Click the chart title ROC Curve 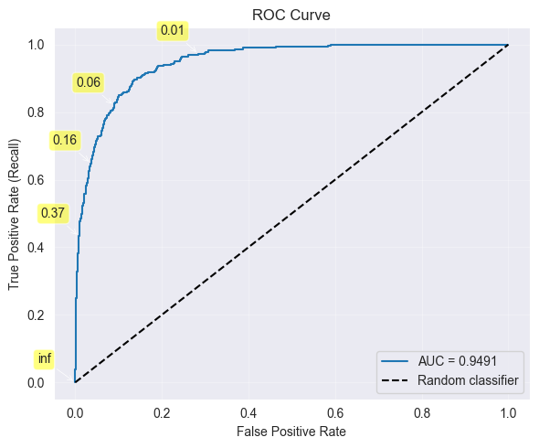coord(291,15)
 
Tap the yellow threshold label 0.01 coord(173,31)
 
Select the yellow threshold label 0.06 coord(89,83)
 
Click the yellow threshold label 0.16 coord(65,141)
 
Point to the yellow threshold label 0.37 coord(53,214)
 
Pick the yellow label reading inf coord(45,358)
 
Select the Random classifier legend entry coord(468,379)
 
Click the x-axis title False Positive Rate coord(291,430)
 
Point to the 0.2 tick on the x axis coord(162,412)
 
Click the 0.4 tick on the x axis coord(248,412)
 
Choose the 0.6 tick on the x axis coord(335,412)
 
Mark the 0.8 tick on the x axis coord(421,412)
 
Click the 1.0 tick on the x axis coord(508,412)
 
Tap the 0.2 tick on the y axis coord(38,315)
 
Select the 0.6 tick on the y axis coord(38,180)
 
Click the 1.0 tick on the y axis coord(38,45)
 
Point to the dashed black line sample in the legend coord(397,379)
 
